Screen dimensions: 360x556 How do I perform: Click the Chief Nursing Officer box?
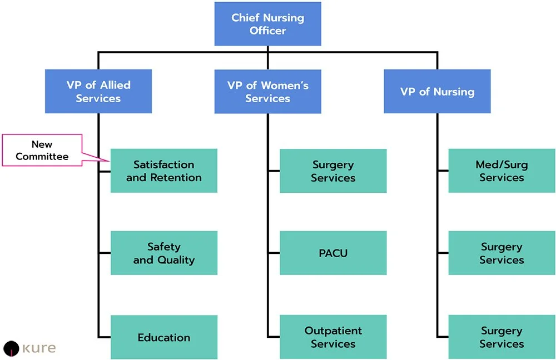click(267, 24)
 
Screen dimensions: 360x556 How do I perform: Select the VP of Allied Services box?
click(98, 92)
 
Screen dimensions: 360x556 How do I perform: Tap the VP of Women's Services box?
click(267, 92)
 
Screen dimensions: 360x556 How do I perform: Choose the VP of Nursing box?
click(437, 92)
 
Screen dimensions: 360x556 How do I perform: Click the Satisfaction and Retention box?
click(163, 171)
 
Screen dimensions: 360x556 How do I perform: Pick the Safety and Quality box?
click(163, 253)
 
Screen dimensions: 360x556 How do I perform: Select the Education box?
click(163, 337)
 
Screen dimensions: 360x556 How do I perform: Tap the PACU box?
click(333, 253)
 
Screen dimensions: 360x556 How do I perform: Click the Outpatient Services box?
click(333, 337)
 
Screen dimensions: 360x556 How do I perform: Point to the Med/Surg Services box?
click(502, 171)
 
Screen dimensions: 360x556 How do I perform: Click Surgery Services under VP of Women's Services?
click(333, 171)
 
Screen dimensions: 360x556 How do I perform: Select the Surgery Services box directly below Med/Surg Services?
click(502, 253)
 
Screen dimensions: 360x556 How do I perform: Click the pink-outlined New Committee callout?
click(42, 150)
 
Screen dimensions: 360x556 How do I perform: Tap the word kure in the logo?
click(39, 348)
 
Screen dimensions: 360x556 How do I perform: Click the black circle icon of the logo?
click(11, 348)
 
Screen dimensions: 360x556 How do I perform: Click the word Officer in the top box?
click(267, 31)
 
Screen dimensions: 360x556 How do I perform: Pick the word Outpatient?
click(333, 331)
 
